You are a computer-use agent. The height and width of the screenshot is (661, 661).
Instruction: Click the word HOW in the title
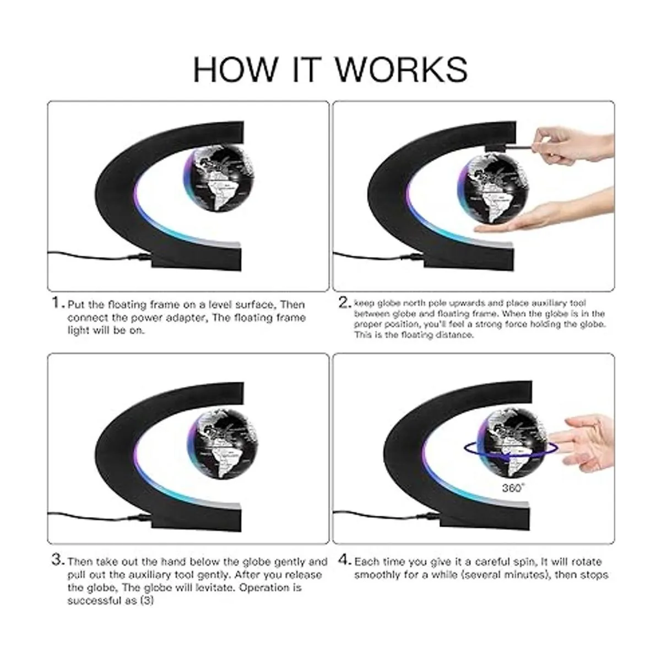click(x=235, y=69)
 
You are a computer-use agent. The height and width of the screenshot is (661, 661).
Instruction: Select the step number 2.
click(x=344, y=303)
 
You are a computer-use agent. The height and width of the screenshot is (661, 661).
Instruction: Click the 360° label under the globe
click(x=513, y=487)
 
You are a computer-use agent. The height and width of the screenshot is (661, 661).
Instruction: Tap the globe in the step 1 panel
click(x=219, y=181)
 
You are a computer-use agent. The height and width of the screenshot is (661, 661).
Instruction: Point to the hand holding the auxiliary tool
click(x=573, y=144)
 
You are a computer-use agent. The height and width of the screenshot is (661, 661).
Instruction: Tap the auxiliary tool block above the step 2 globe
click(x=496, y=148)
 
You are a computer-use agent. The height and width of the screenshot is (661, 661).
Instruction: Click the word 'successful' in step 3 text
click(x=90, y=600)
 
